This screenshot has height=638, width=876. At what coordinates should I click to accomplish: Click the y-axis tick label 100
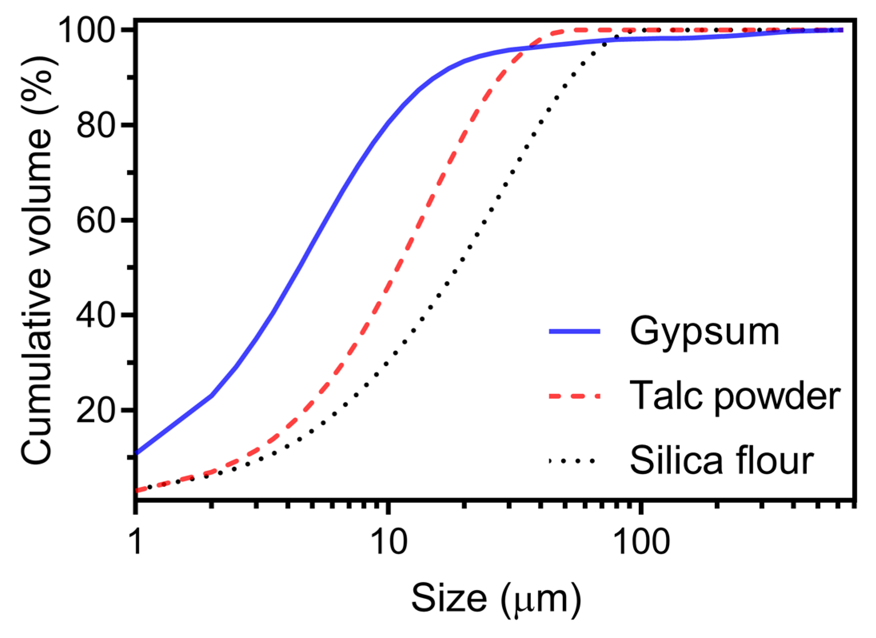(86, 30)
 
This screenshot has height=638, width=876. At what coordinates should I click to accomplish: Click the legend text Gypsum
(704, 332)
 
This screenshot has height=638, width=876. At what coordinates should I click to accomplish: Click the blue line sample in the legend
(574, 331)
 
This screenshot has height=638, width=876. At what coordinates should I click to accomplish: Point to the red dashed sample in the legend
(574, 396)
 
